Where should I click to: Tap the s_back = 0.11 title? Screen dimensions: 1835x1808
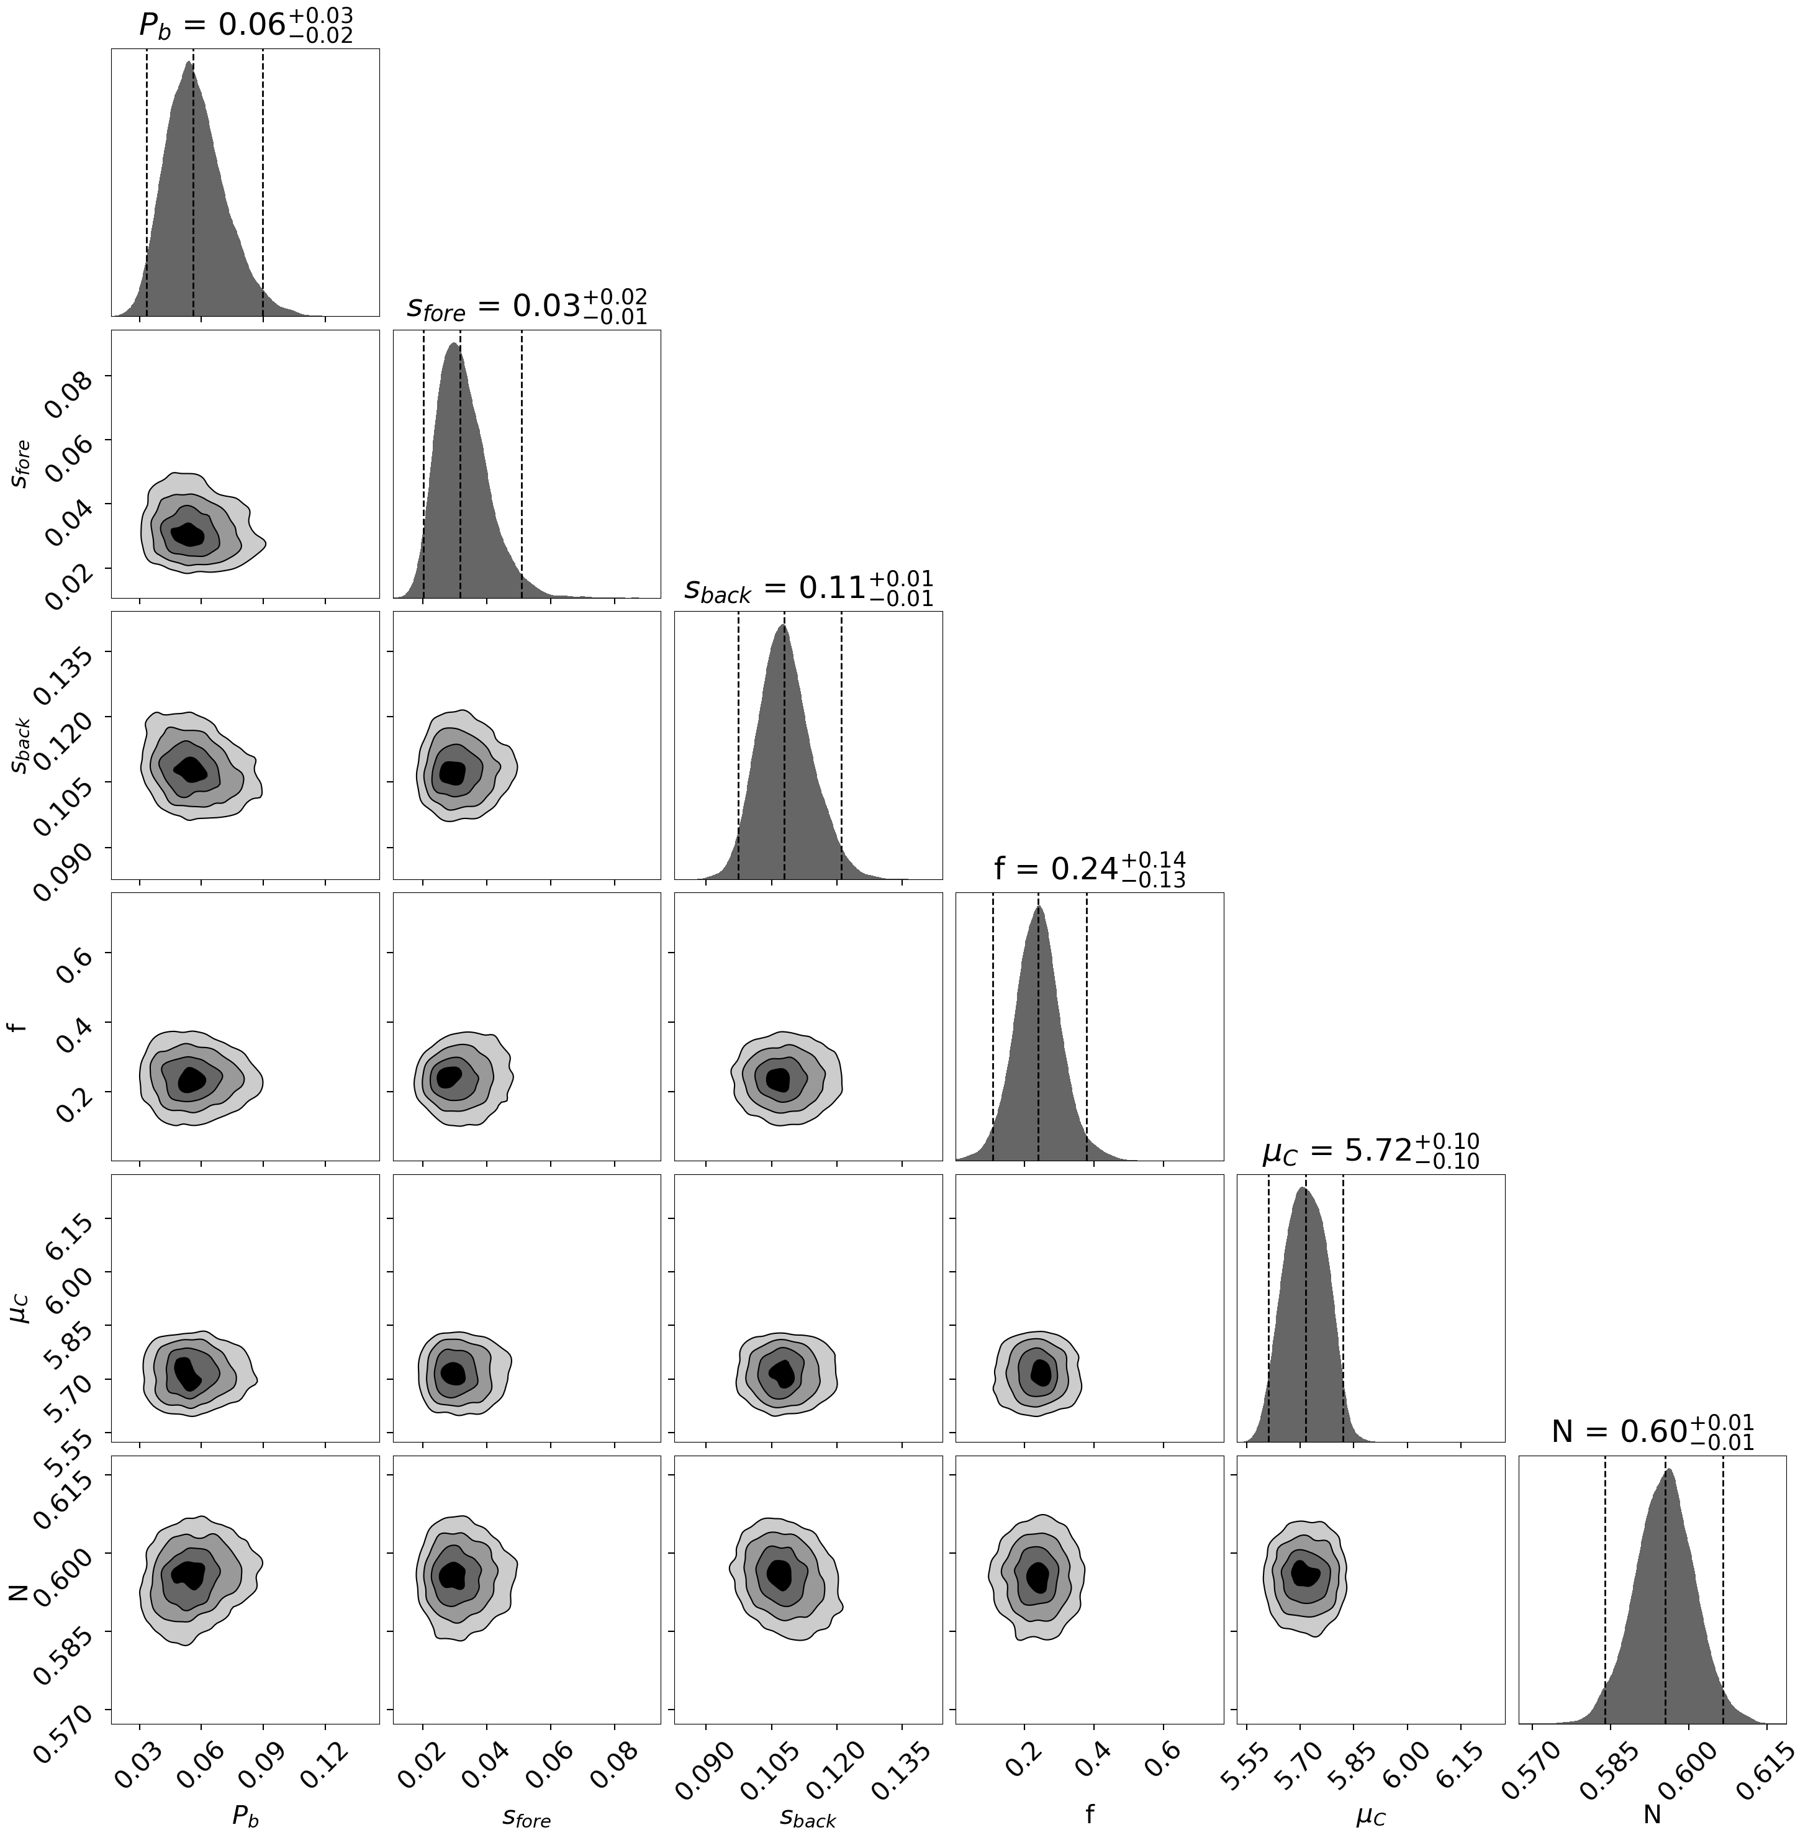pyautogui.click(x=808, y=588)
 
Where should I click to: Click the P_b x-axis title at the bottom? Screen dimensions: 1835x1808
pyautogui.click(x=245, y=1814)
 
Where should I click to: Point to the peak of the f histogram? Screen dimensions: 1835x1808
pyautogui.click(x=1039, y=907)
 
